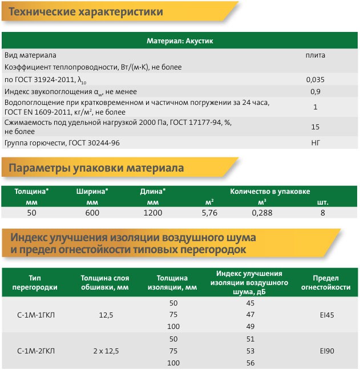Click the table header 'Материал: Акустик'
(x=180, y=41)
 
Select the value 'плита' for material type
(x=315, y=55)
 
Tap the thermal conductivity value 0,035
(x=315, y=79)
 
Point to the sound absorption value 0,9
(x=315, y=91)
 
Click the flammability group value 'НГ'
(x=315, y=142)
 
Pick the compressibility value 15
(x=315, y=127)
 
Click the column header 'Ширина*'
(x=92, y=192)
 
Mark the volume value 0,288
(x=262, y=213)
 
